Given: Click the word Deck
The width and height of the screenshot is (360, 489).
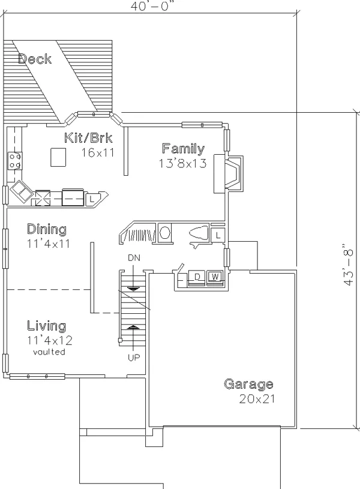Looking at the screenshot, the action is [x=35, y=59].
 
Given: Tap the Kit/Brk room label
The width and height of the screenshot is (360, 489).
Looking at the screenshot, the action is [x=88, y=137].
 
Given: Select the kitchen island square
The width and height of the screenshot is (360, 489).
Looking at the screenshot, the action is [x=58, y=157].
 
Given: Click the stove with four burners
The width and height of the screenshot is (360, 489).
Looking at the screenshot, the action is [x=15, y=161].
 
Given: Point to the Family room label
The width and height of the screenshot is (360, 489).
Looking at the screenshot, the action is [x=184, y=149].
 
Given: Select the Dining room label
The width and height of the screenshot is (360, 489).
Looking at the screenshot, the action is [x=47, y=229].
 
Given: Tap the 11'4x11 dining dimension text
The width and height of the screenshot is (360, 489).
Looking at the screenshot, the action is [x=49, y=244].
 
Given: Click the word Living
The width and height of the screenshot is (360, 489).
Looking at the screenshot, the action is [x=46, y=326].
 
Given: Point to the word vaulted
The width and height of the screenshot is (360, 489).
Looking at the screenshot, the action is [x=49, y=352].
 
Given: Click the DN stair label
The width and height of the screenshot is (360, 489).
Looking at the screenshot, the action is [x=134, y=258].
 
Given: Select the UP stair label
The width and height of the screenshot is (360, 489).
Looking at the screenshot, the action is [x=134, y=358].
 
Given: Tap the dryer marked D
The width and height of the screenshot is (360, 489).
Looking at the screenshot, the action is [x=197, y=277].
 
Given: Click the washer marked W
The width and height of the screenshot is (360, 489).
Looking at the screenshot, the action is [x=215, y=277].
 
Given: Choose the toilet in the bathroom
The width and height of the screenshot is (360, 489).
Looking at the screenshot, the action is [x=199, y=233].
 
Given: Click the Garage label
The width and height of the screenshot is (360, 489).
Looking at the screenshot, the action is [x=248, y=384].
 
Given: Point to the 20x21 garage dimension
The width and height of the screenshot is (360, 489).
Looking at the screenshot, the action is [x=257, y=399].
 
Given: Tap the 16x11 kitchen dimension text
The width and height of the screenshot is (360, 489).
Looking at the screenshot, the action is [x=98, y=152].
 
